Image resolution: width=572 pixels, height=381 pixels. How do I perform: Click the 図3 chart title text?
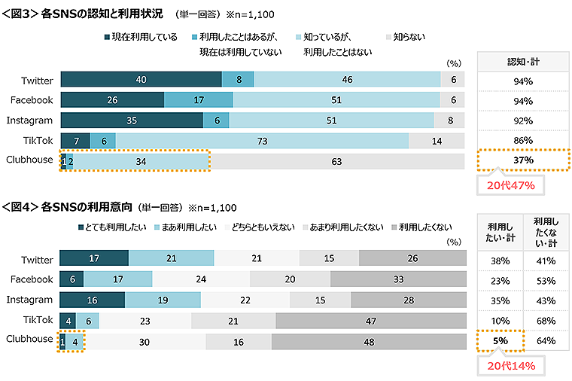pyautogui.click(x=87, y=14)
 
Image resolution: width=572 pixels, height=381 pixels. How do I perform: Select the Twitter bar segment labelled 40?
pyautogui.click(x=141, y=80)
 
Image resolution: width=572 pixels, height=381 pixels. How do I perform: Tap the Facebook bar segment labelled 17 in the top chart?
pyautogui.click(x=198, y=99)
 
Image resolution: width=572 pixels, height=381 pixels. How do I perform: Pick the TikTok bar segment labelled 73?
pyautogui.click(x=262, y=140)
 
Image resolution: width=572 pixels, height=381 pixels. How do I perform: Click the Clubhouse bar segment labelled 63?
pyautogui.click(x=336, y=160)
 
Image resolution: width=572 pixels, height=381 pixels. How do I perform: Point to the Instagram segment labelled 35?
pyautogui.click(x=131, y=120)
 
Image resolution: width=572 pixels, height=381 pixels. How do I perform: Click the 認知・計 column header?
pyautogui.click(x=523, y=62)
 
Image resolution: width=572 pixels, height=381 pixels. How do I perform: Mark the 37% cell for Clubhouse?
pyautogui.click(x=523, y=160)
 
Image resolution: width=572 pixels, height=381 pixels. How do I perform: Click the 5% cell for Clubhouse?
pyautogui.click(x=500, y=341)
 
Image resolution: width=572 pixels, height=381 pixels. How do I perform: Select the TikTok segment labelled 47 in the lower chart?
pyautogui.click(x=371, y=319)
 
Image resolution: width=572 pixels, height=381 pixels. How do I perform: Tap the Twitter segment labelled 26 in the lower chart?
pyautogui.click(x=412, y=259)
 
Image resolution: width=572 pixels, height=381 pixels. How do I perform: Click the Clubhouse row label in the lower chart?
pyautogui.click(x=30, y=339)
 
